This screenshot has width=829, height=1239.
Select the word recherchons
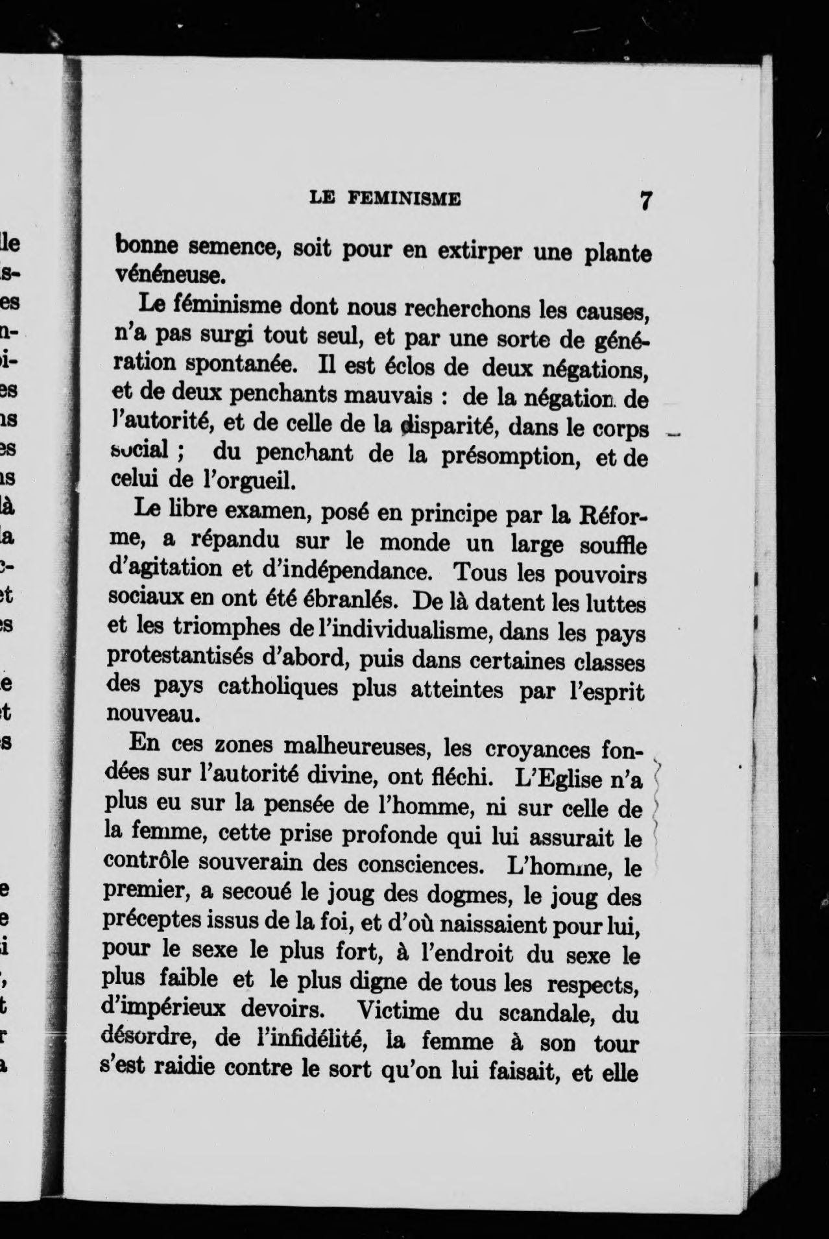click(469, 308)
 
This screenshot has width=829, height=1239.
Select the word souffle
click(613, 546)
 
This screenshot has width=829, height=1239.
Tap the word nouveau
click(149, 714)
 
